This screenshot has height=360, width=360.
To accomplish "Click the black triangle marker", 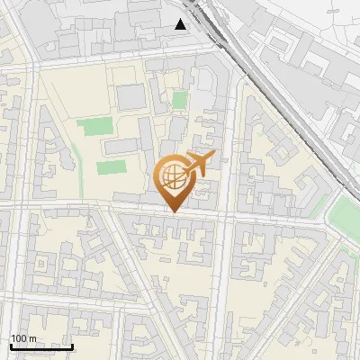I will pos(182,23).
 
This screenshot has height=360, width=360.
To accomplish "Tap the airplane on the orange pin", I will pos(199,162).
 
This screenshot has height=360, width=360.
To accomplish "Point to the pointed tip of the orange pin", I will pos(173,211).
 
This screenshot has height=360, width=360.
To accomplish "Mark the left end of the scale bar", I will pos(11,346).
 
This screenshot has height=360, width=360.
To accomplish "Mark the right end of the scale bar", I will pos(72,346).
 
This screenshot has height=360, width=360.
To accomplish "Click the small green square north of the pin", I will pos(180,100).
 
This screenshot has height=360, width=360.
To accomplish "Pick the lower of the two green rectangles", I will pos(111,167).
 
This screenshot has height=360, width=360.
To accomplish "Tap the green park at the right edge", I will pos(346,216).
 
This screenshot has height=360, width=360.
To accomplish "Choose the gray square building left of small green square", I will pos(130,97).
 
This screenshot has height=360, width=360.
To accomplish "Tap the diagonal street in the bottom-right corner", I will pos(306,306).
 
